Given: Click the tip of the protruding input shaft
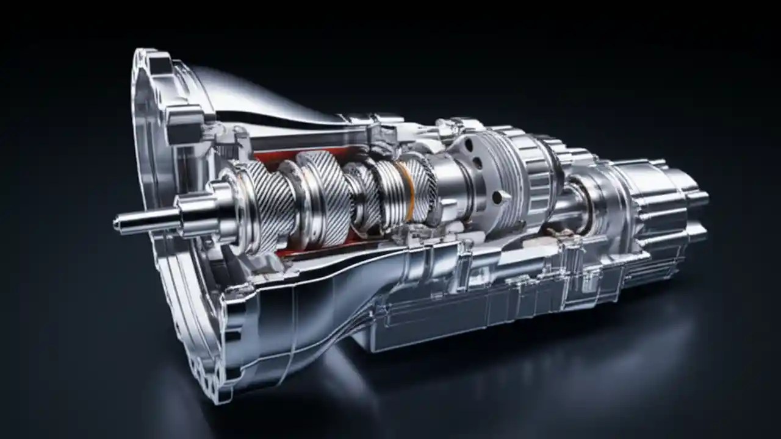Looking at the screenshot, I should (118, 224).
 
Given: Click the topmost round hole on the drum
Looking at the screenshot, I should (469, 146).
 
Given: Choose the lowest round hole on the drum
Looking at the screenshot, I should (498, 197).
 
